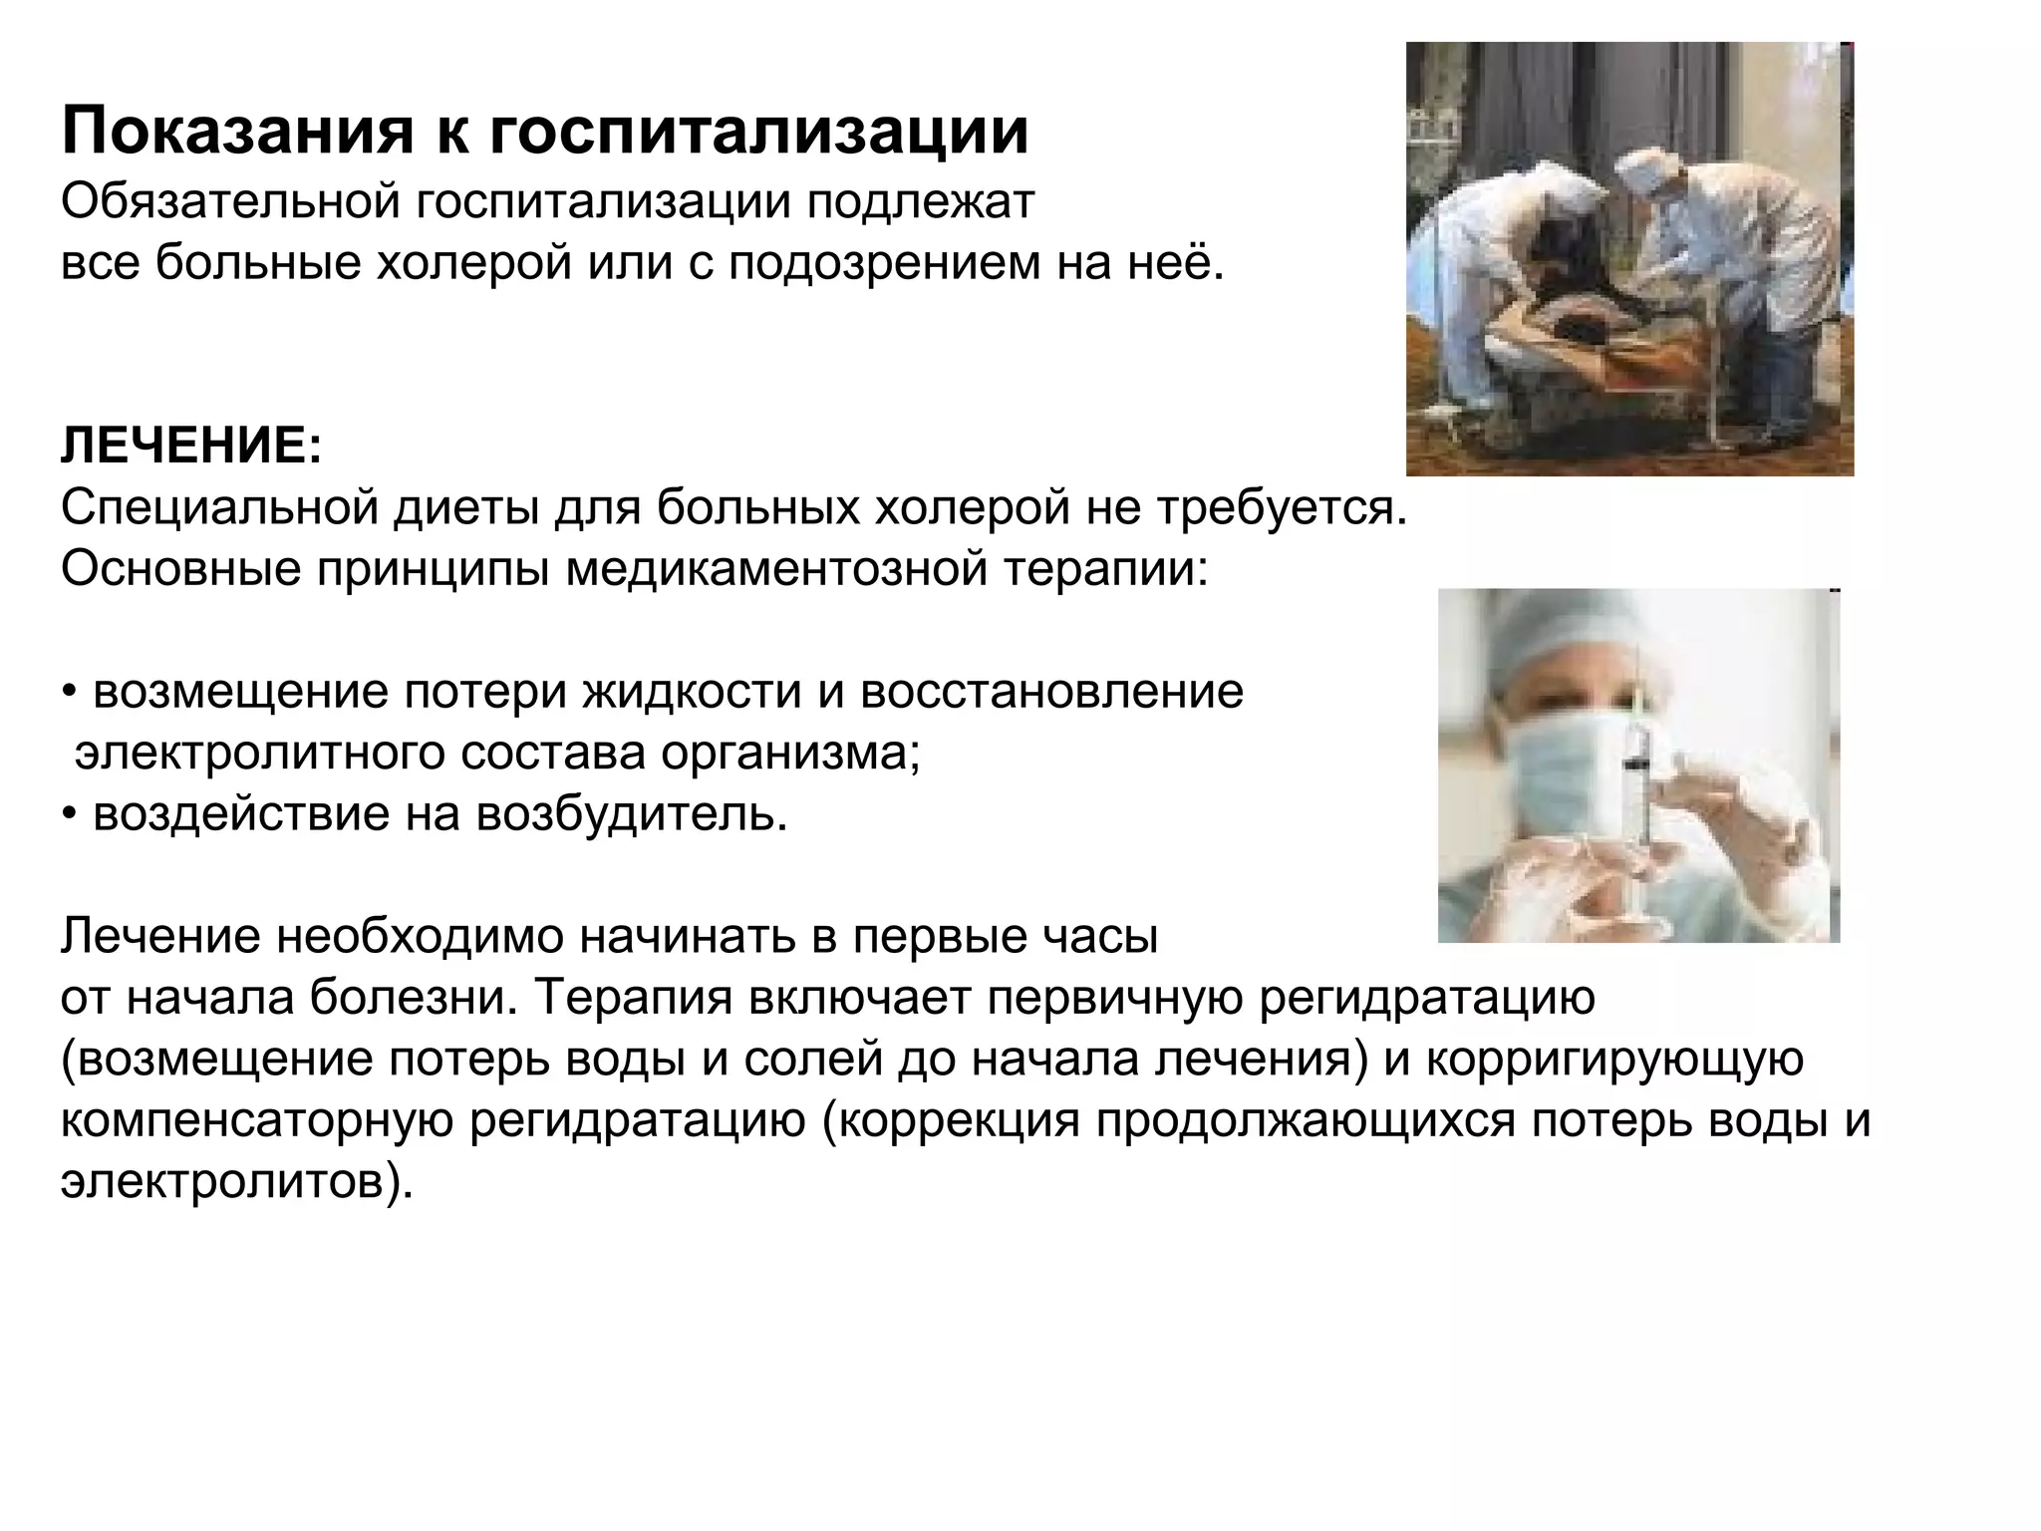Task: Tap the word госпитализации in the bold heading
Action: pos(758,132)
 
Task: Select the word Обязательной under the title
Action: pos(229,202)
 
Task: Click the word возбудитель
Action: pos(632,815)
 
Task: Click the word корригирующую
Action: pos(1614,1060)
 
